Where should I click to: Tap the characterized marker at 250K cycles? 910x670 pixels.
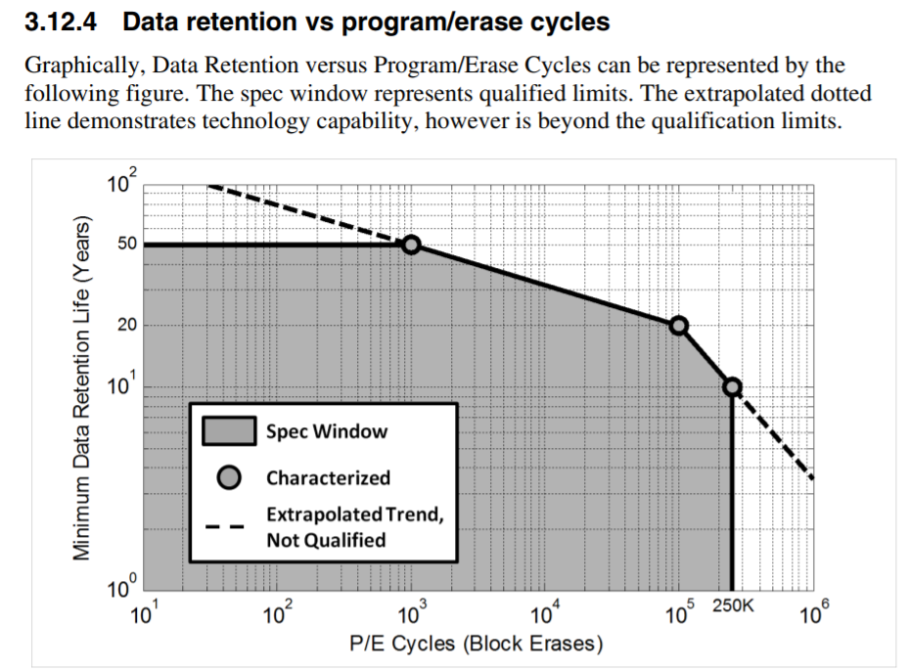point(732,386)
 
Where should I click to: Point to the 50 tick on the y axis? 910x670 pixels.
point(128,245)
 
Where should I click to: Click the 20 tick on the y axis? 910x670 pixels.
point(128,326)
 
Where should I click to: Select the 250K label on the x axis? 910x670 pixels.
point(733,606)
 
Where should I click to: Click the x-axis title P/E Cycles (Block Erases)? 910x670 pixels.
point(477,645)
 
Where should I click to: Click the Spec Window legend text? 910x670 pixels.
point(327,431)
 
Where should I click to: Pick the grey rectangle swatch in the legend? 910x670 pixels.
point(229,431)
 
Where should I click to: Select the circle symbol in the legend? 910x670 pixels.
point(229,477)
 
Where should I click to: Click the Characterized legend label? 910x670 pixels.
point(328,477)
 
